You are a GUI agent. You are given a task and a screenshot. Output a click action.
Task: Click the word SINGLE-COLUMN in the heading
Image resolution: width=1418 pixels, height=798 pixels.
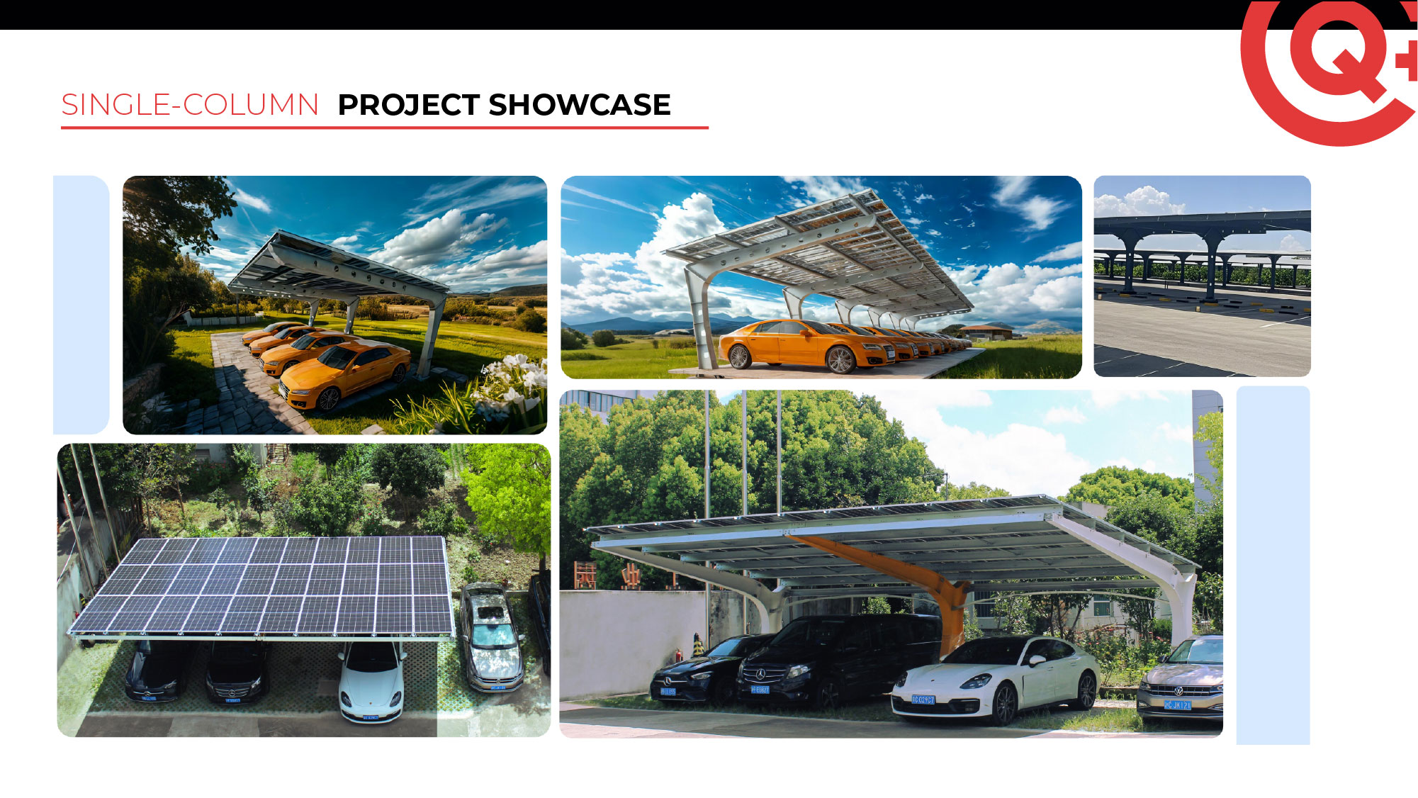click(190, 105)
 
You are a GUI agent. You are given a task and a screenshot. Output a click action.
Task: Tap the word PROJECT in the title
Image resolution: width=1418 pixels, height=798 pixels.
click(409, 105)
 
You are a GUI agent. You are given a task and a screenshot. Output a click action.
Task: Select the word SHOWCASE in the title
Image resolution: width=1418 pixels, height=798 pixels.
click(580, 105)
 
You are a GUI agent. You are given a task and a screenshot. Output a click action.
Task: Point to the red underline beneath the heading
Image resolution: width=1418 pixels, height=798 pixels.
click(385, 128)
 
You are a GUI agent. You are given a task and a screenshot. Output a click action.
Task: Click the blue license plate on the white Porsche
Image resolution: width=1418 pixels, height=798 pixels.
click(923, 699)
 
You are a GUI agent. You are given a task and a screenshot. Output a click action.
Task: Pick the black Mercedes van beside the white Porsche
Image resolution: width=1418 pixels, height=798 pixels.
click(840, 659)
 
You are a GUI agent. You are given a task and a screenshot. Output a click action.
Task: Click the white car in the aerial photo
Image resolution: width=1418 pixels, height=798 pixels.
click(371, 680)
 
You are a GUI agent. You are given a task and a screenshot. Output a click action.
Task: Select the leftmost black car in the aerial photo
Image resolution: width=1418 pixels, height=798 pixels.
click(157, 670)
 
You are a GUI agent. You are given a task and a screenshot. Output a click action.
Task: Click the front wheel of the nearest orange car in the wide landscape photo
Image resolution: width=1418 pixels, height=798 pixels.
click(840, 360)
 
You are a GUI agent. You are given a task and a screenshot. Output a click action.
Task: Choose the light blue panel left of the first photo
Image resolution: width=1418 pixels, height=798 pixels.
click(81, 305)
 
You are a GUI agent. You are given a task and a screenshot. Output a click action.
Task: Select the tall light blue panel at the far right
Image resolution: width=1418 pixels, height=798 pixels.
click(1273, 565)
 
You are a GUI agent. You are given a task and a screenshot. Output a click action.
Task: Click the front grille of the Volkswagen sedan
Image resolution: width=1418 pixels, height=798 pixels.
click(1177, 690)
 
